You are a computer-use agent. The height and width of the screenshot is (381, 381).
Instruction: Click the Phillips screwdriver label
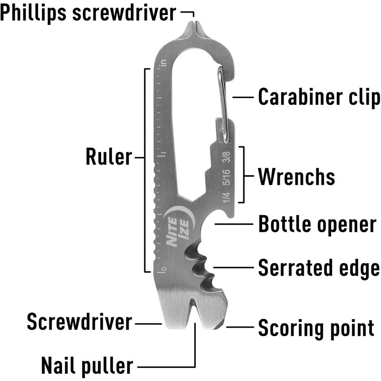(x=88, y=13)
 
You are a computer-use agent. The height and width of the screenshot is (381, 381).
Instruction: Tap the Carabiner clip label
(x=319, y=98)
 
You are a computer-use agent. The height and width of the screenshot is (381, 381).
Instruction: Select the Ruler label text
(x=109, y=157)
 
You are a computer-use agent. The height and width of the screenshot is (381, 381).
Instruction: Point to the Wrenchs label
(x=296, y=177)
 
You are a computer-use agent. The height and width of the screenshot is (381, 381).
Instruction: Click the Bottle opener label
(x=317, y=224)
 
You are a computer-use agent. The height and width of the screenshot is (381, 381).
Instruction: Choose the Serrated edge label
(x=319, y=268)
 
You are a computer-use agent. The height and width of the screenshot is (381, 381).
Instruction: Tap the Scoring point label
(x=316, y=328)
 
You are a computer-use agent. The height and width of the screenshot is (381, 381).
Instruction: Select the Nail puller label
(x=87, y=366)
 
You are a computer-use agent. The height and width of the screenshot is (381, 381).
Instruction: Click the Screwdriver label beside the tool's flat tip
(x=79, y=322)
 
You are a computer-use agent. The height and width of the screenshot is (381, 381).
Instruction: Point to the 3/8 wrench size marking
(x=227, y=157)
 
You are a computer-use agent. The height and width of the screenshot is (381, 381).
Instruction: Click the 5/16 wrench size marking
(x=227, y=177)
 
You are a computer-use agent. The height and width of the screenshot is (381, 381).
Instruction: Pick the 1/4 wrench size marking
(x=227, y=197)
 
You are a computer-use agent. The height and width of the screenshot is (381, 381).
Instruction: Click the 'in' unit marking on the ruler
(x=164, y=63)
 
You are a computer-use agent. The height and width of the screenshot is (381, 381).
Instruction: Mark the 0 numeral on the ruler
(x=164, y=269)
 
